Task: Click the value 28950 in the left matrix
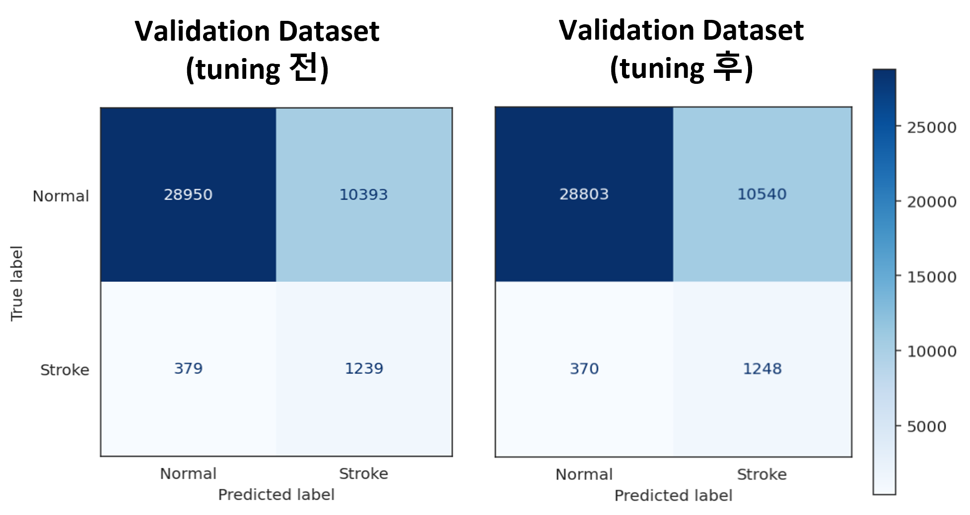click(x=188, y=194)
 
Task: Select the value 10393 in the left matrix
click(x=363, y=194)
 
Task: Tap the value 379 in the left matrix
click(x=188, y=369)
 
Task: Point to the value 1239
click(x=364, y=369)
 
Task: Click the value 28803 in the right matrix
click(x=584, y=194)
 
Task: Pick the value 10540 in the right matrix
click(x=762, y=194)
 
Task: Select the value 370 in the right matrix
click(x=584, y=369)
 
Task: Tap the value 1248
click(x=762, y=369)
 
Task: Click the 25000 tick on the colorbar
click(x=931, y=128)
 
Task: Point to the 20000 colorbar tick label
click(x=931, y=202)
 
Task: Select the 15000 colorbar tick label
click(x=931, y=277)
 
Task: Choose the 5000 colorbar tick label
click(x=926, y=427)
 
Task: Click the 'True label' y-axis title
click(x=17, y=283)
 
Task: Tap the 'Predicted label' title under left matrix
click(x=276, y=495)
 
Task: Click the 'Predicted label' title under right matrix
click(x=673, y=496)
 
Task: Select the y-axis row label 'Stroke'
click(x=65, y=370)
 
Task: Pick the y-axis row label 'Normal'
click(x=61, y=196)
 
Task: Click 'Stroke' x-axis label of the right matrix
click(x=762, y=475)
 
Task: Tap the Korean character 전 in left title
click(x=303, y=67)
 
